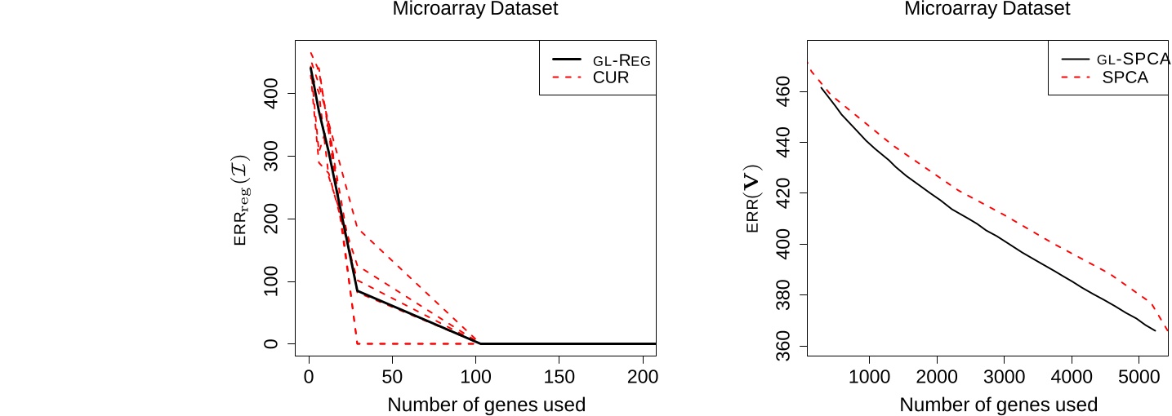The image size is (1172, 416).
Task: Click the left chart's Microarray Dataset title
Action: pos(476,10)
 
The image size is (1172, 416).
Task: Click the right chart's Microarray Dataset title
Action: pos(987,10)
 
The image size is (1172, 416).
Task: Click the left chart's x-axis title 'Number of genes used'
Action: pos(486,405)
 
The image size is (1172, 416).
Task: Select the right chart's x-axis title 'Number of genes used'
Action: pos(998,405)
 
